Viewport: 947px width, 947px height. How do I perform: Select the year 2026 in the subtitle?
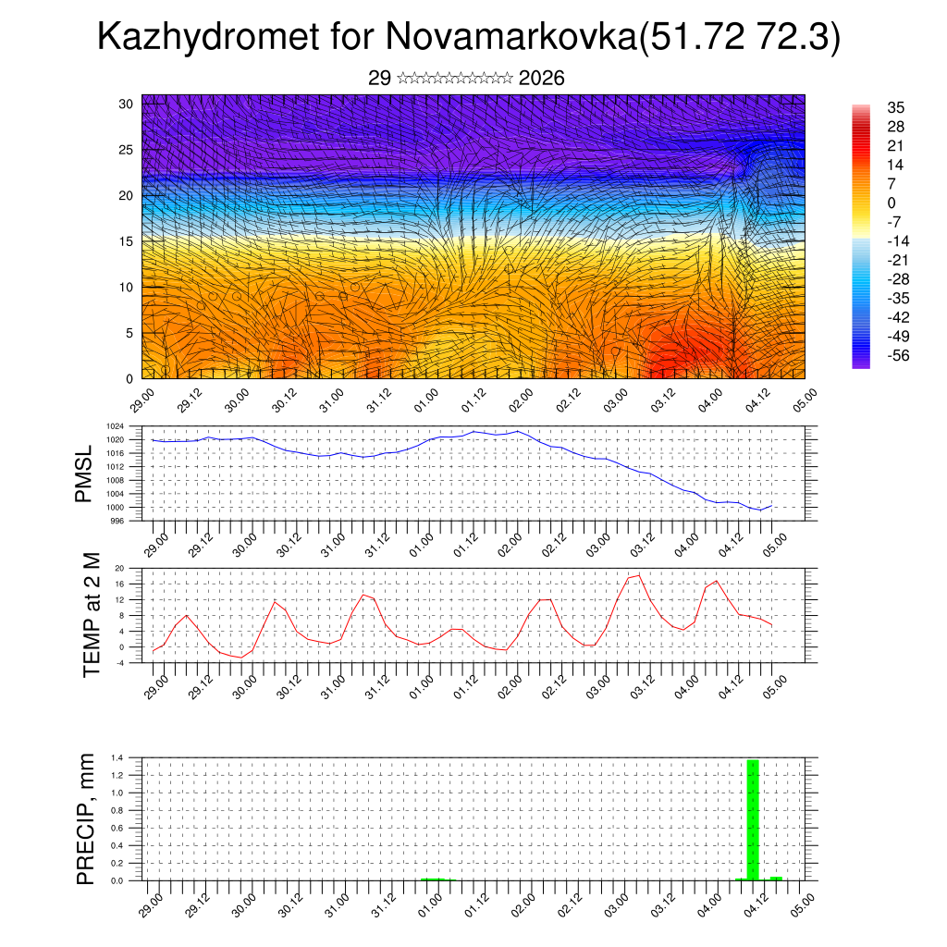pyautogui.click(x=542, y=79)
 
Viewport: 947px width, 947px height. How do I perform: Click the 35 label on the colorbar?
pyautogui.click(x=895, y=107)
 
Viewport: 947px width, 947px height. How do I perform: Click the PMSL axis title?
pyautogui.click(x=84, y=473)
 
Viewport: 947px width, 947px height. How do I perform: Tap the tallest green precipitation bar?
pyautogui.click(x=753, y=818)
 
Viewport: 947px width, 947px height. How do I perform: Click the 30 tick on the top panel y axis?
pyautogui.click(x=126, y=104)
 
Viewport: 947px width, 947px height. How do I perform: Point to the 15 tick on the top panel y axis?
pyautogui.click(x=126, y=241)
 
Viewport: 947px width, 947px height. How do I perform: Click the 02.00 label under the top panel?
pyautogui.click(x=521, y=400)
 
